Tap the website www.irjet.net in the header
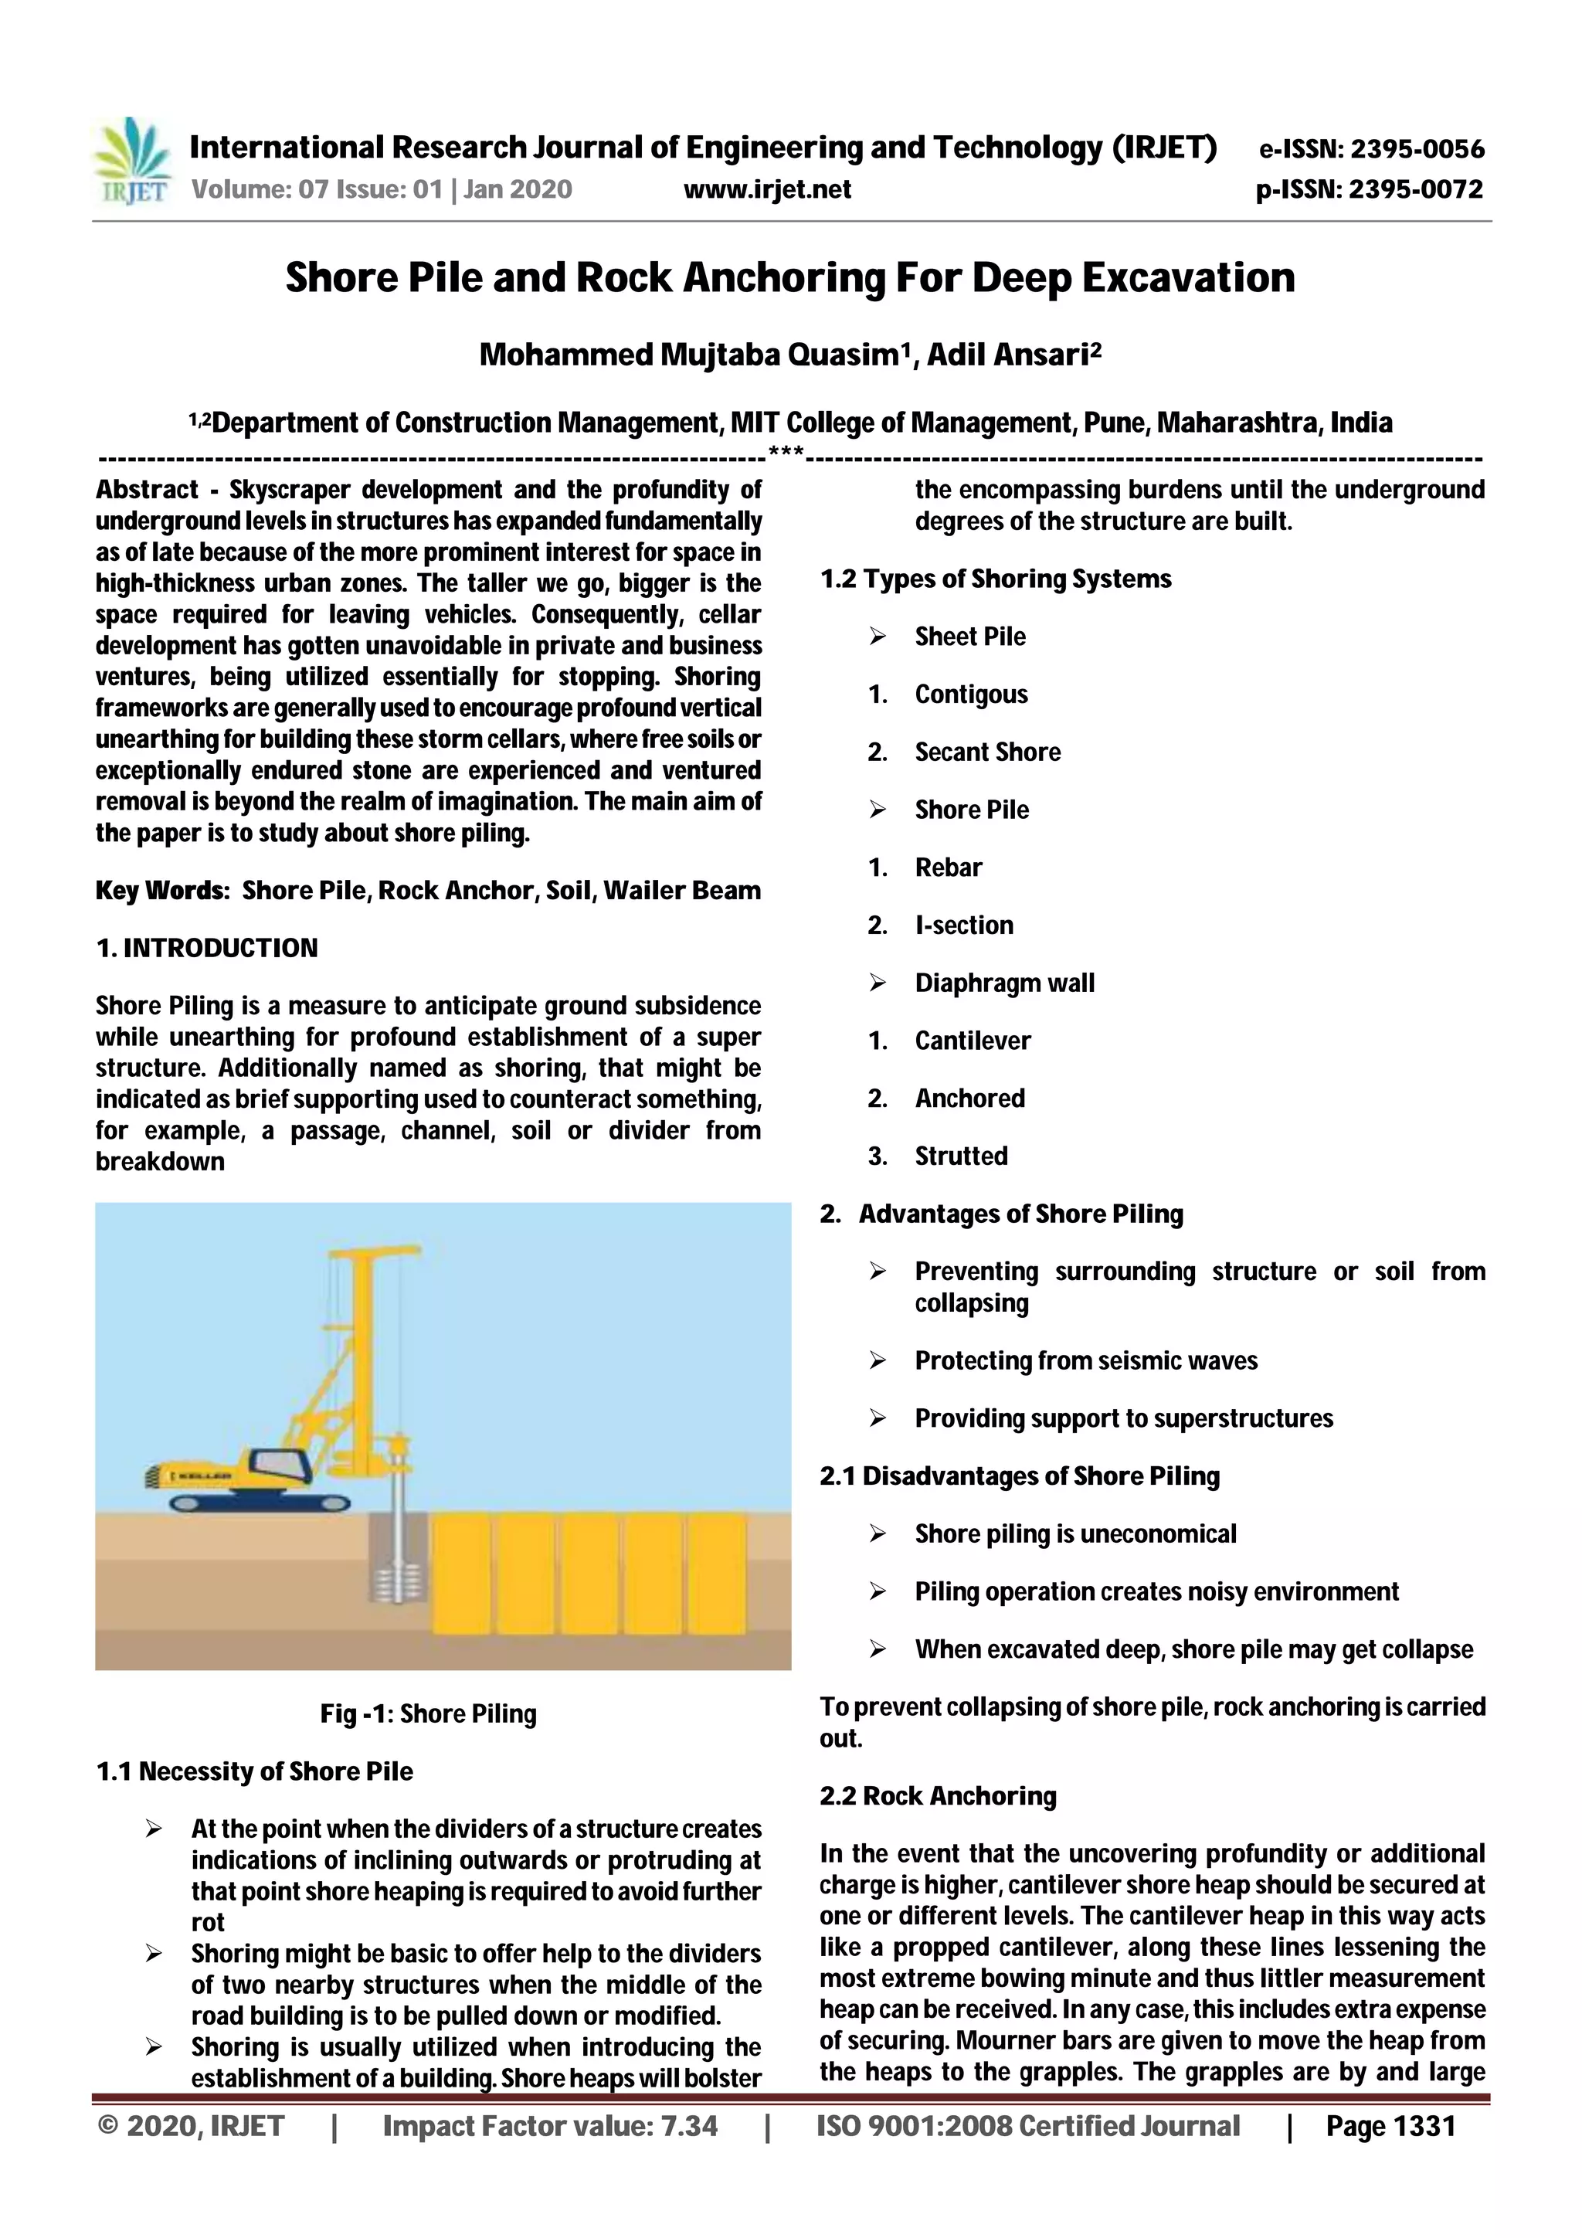coord(767,189)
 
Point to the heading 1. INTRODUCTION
coord(207,949)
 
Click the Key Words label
coord(160,891)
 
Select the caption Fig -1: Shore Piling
coord(428,1713)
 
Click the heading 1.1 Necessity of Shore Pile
coord(254,1771)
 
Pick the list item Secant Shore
coord(986,752)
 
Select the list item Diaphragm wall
coord(1004,983)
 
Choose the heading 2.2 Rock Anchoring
coord(938,1795)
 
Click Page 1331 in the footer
coord(1390,2126)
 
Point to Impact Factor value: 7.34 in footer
coord(550,2126)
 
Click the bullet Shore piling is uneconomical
coord(1074,1534)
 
